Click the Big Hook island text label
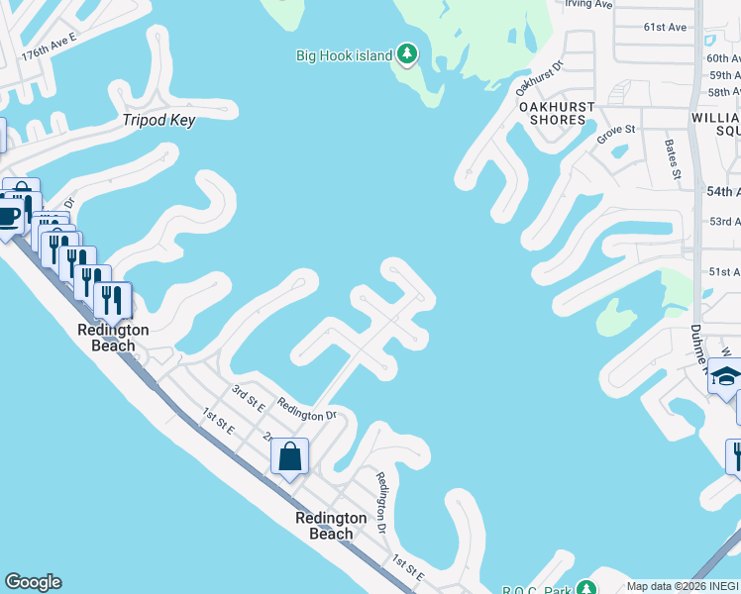pos(344,55)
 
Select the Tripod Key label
pos(159,121)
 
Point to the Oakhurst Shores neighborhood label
pos(557,113)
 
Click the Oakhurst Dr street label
pos(540,77)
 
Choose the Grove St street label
pos(615,134)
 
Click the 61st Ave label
pos(665,27)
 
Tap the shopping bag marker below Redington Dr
pos(289,457)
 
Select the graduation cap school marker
pos(725,376)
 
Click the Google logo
pos(33,582)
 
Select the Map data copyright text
pos(683,586)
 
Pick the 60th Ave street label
pos(724,58)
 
